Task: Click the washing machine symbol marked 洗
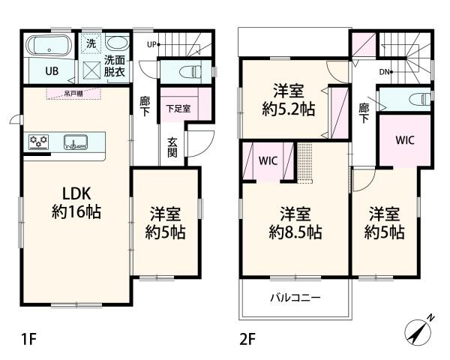coord(90,43)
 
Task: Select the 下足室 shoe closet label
coord(178,109)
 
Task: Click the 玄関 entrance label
coord(172,148)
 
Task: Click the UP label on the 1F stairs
coord(151,44)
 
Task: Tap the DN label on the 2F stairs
coord(384,72)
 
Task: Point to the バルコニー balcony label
coord(295,298)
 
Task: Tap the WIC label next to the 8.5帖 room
coord(268,160)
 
